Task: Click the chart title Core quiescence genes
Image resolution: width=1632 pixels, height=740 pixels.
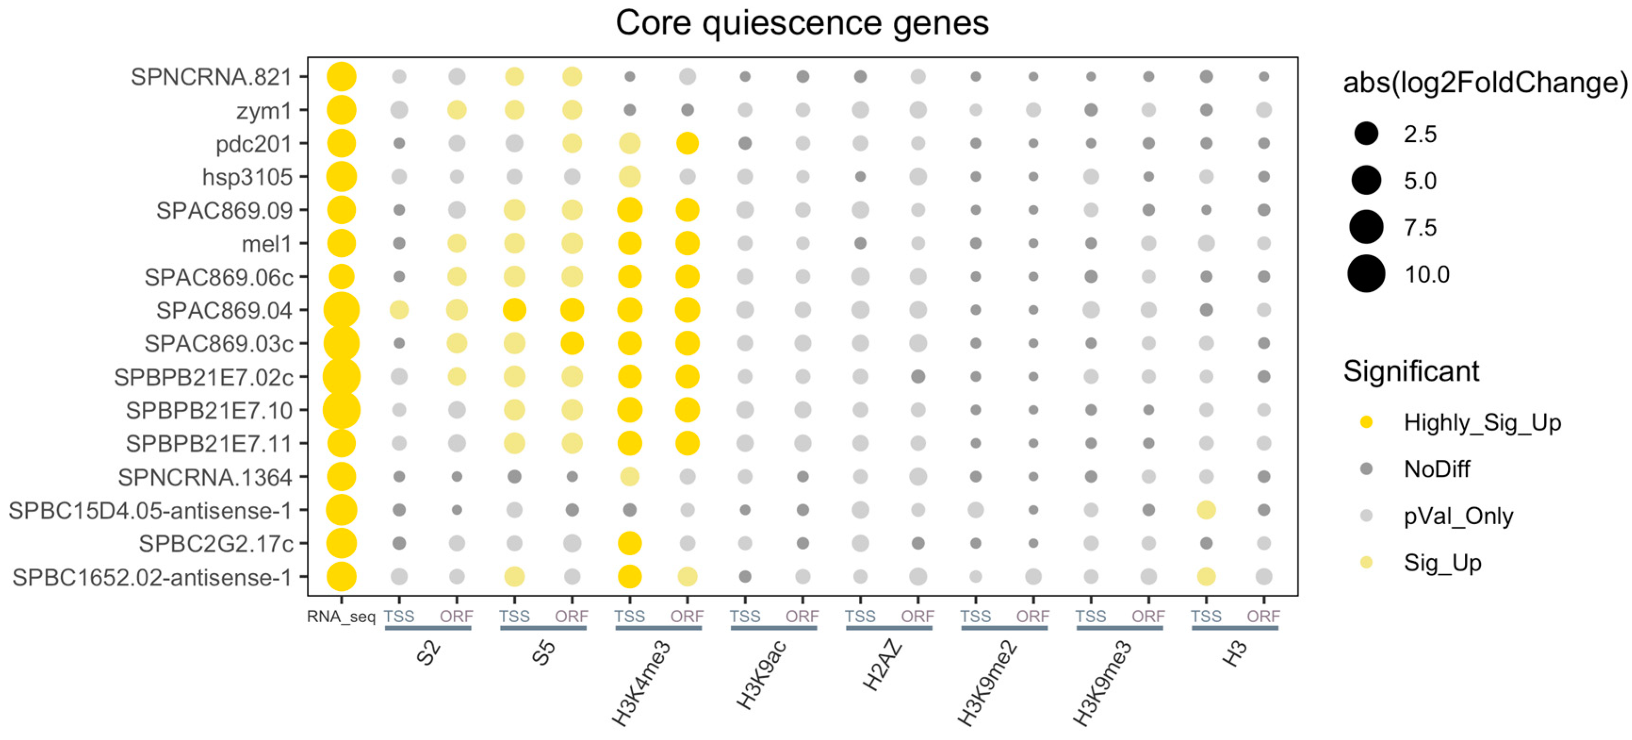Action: [801, 24]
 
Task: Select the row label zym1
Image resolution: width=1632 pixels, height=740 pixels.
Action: [263, 111]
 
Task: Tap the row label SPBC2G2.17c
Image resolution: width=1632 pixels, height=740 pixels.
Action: [216, 544]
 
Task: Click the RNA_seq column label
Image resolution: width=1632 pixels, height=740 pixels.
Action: [341, 617]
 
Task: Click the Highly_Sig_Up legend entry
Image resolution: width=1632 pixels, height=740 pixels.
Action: [1481, 423]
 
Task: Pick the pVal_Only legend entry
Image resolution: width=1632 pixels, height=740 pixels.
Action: [1458, 516]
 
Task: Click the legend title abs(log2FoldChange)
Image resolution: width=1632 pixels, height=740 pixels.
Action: [1485, 83]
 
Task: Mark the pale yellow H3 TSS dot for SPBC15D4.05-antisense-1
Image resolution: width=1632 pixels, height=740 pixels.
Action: [1206, 510]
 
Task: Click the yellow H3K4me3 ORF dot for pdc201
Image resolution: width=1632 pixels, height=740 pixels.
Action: [687, 143]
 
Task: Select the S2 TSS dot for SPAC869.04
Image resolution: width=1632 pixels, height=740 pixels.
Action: [399, 310]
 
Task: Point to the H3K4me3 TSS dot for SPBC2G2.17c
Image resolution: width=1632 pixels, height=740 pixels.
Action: [629, 543]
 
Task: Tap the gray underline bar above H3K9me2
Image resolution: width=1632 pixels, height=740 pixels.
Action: [1004, 628]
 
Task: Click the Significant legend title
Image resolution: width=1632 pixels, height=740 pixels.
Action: [1411, 371]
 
